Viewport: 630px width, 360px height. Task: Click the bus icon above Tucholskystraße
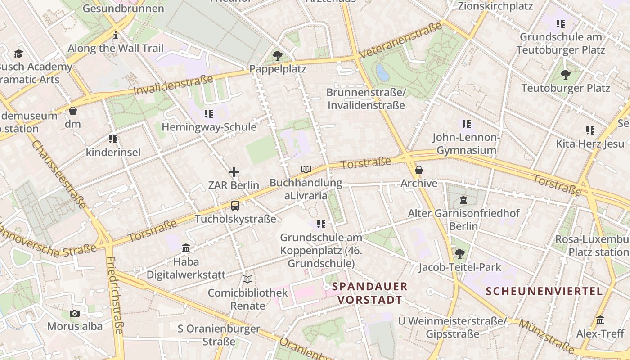click(235, 206)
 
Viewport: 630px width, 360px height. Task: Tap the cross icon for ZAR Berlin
click(234, 171)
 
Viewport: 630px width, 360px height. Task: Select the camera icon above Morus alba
click(75, 313)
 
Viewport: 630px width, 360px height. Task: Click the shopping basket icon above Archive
click(418, 170)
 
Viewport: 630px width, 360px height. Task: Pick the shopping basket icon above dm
click(73, 110)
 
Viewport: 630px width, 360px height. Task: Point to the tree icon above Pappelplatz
click(278, 56)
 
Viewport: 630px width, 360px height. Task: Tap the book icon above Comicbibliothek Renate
click(247, 279)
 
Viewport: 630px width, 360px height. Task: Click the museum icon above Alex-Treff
click(600, 320)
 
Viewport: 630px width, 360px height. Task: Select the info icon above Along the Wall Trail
click(116, 35)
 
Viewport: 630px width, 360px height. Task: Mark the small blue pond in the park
click(382, 72)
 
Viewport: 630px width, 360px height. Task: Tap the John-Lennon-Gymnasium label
click(466, 144)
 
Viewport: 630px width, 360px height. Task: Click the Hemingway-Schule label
click(209, 127)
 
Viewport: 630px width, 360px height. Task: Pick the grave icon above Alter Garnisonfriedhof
click(463, 200)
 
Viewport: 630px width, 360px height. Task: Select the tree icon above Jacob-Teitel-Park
click(459, 254)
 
